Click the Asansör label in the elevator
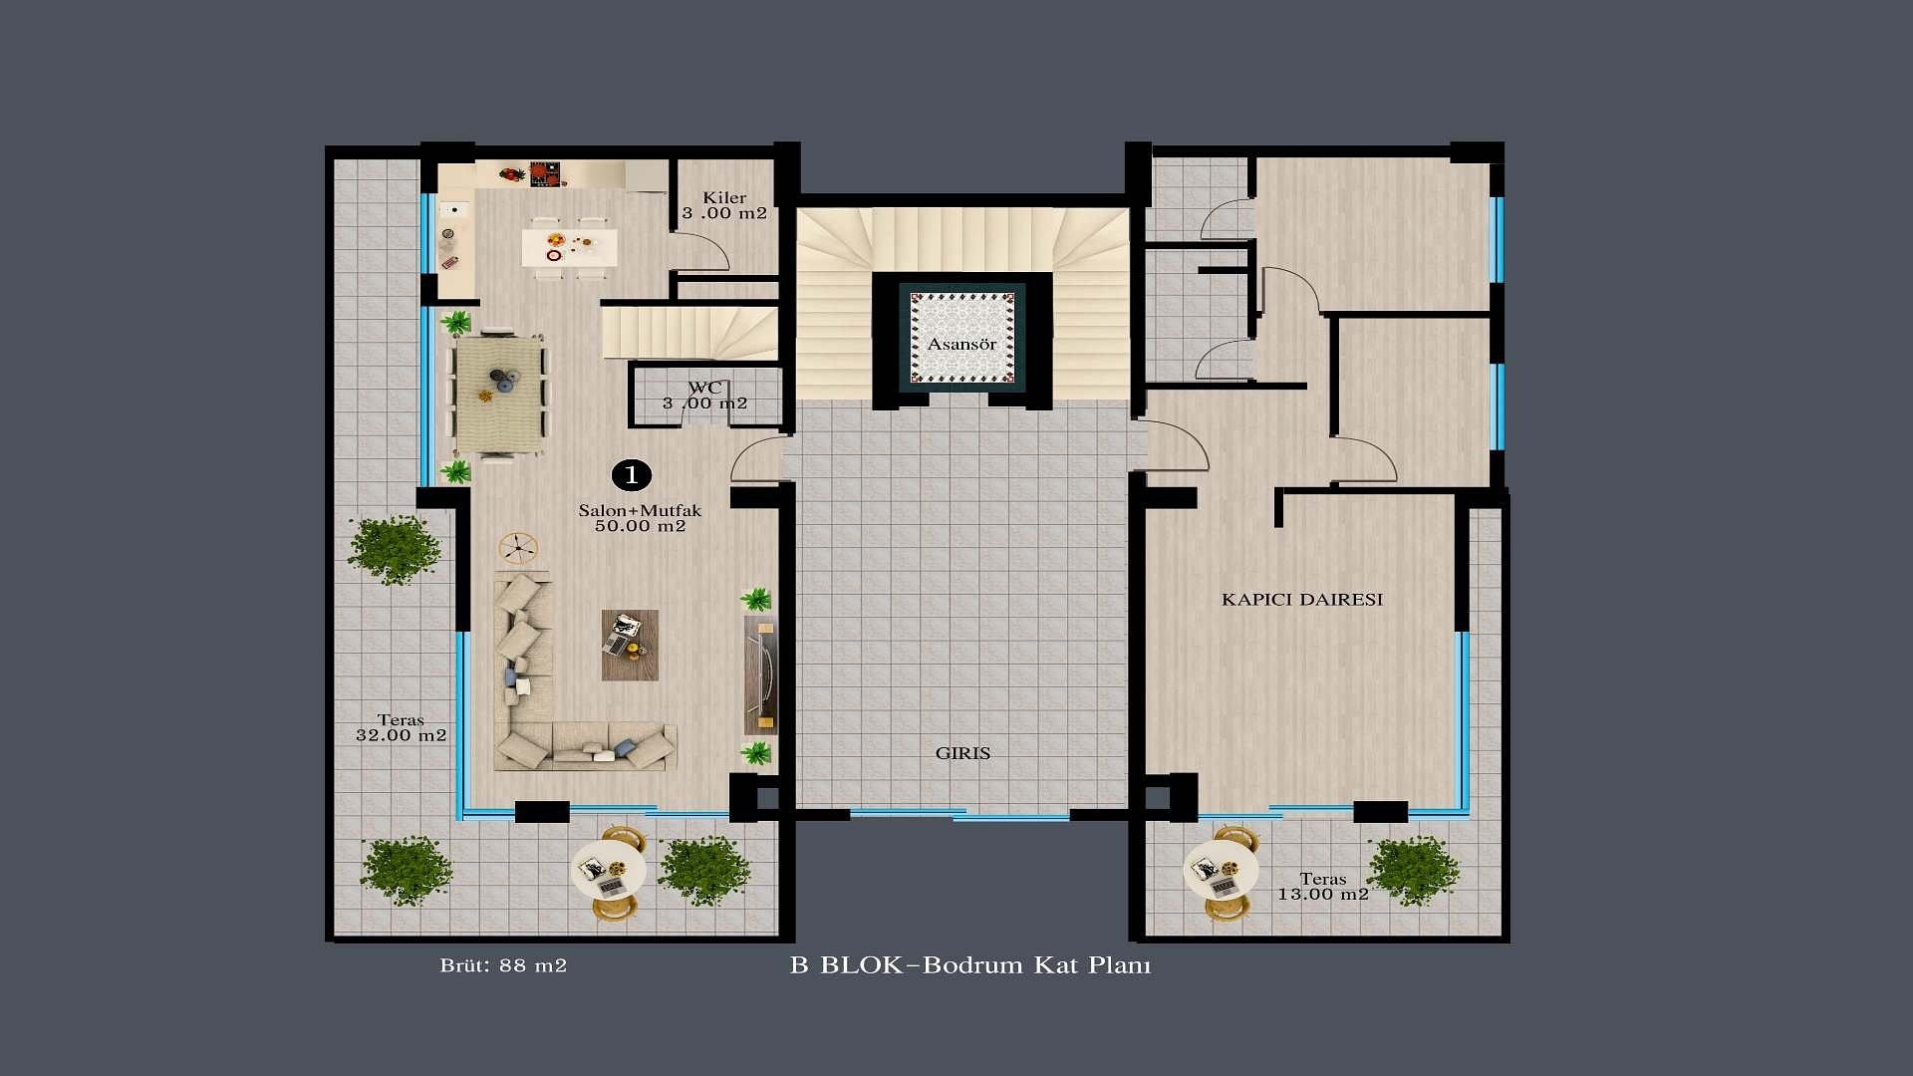961,345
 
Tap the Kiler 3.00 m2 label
724,205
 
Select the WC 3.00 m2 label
704,396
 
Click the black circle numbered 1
631,475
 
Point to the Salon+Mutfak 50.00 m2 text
640,518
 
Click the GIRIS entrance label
962,753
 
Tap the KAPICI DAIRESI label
1302,600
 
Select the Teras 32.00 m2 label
401,727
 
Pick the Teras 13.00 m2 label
1323,887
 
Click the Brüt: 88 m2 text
503,965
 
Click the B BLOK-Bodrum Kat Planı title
970,965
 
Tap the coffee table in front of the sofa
630,645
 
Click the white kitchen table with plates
569,247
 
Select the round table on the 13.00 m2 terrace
1221,872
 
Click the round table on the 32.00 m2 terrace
609,872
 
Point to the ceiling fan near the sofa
517,547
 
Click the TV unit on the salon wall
761,674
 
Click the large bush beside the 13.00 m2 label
1413,870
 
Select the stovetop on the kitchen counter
544,174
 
